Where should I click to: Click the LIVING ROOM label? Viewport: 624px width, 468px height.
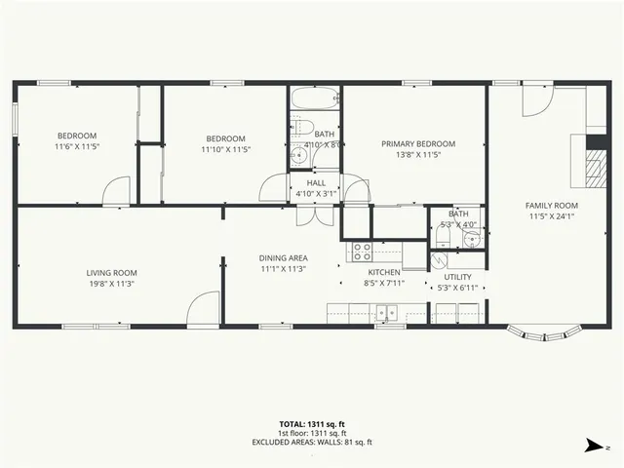click(111, 273)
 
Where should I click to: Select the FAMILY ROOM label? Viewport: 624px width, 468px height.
click(552, 206)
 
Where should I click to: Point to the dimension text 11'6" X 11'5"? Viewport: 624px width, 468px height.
click(76, 146)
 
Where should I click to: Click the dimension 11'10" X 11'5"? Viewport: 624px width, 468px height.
click(226, 149)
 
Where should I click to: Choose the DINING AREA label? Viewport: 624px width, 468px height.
click(284, 257)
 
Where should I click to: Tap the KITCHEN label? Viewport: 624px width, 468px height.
click(382, 273)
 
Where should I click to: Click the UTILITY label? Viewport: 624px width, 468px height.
click(457, 277)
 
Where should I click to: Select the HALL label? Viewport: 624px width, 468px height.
click(316, 182)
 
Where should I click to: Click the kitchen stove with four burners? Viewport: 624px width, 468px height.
click(362, 252)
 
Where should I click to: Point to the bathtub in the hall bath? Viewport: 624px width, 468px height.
click(314, 98)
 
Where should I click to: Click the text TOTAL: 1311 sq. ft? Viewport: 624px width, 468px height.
click(311, 425)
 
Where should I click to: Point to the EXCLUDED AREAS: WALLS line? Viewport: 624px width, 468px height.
click(311, 442)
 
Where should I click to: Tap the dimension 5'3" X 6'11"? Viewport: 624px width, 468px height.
click(457, 288)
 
